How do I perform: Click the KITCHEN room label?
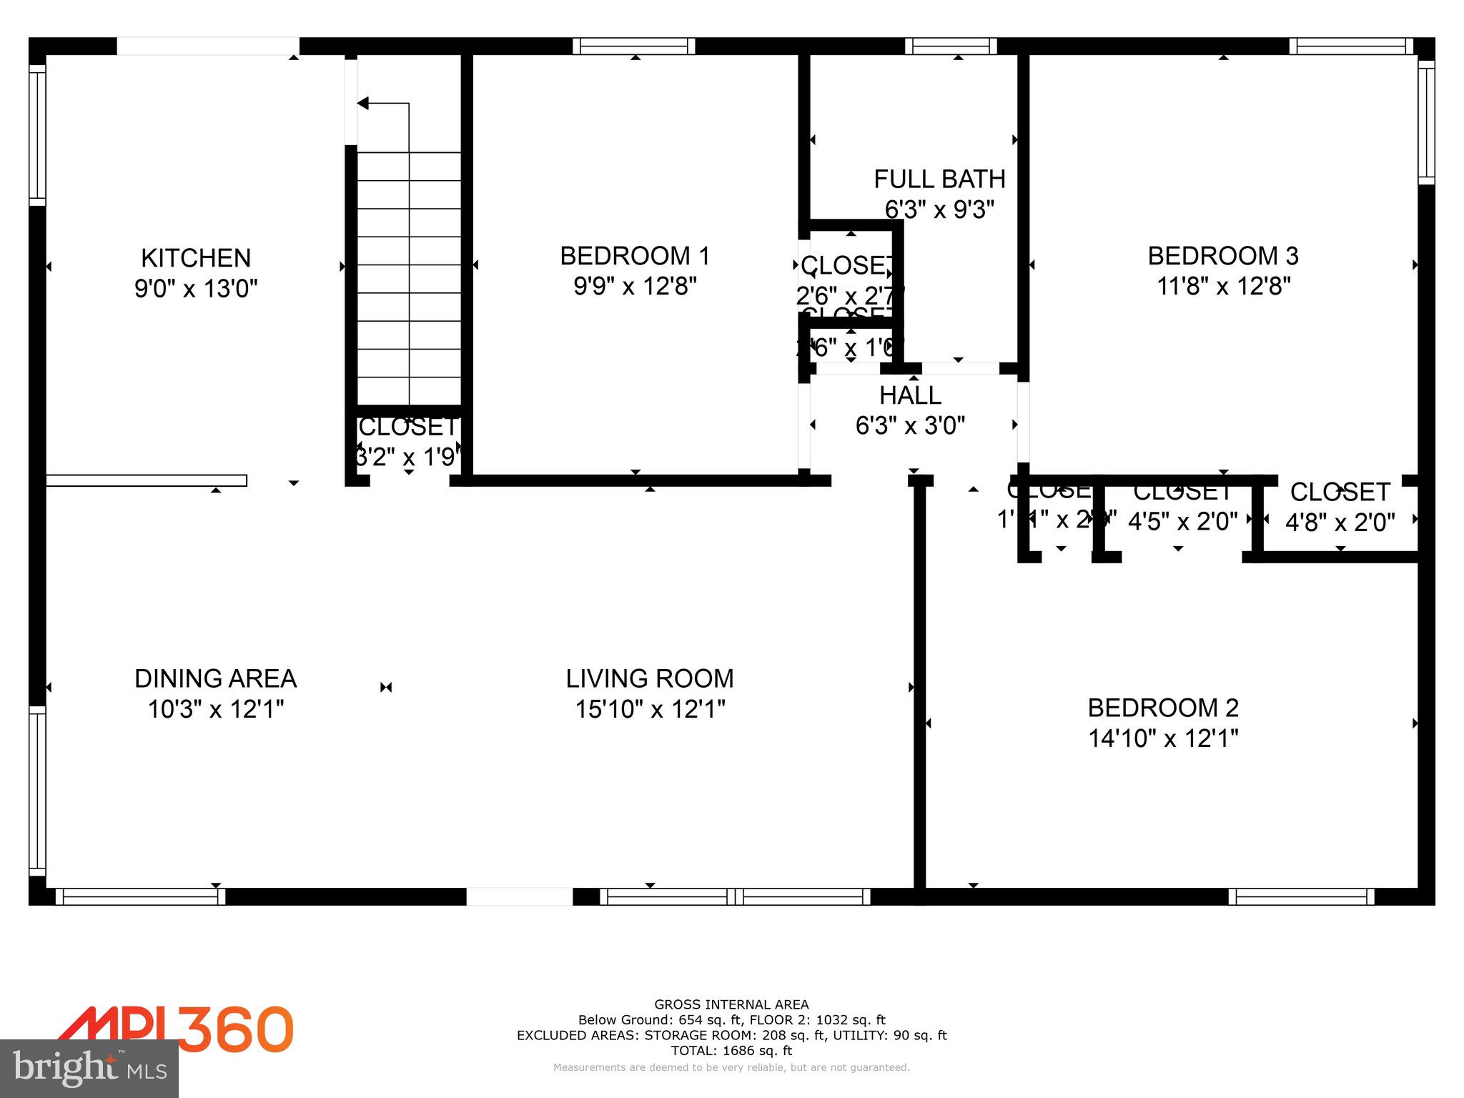coord(196,257)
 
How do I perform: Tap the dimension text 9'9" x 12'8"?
coord(635,287)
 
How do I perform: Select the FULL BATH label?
coord(939,179)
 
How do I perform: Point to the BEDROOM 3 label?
coord(1223,256)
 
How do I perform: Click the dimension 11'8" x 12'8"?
coord(1223,287)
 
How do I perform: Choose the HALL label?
coord(910,395)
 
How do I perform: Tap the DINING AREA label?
coord(215,678)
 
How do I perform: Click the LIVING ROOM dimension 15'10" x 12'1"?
coord(650,709)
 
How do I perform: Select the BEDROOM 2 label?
coord(1163,708)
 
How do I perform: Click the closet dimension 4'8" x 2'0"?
coord(1340,523)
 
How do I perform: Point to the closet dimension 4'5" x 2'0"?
coord(1182,522)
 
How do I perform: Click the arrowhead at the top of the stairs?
coord(362,104)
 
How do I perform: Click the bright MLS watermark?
coord(89,1068)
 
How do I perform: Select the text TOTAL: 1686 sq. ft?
coord(731,1051)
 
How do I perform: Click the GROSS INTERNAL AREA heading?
coord(731,1004)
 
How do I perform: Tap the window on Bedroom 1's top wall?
coord(633,46)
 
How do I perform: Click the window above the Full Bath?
coord(951,46)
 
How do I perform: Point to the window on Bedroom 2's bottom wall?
coord(1301,896)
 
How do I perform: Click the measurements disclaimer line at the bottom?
coord(731,1067)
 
